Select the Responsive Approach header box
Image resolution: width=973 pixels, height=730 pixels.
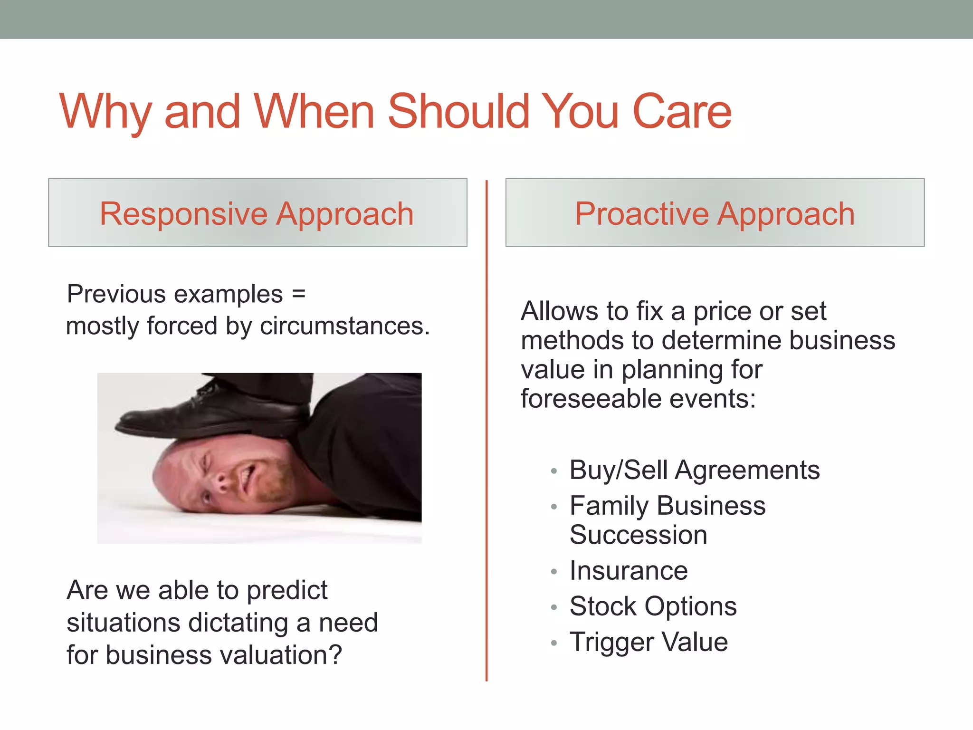[258, 213]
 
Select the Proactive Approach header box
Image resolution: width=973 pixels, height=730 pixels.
[715, 213]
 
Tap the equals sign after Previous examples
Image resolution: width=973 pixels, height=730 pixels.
[298, 294]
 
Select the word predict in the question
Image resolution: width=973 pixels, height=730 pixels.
[287, 591]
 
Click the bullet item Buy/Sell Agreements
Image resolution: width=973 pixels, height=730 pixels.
[694, 471]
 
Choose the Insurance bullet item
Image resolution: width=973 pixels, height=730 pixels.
[628, 571]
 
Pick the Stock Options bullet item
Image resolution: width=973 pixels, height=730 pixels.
[653, 606]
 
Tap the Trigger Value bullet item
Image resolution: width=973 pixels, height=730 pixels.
[649, 642]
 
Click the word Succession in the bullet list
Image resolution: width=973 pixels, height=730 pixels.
[638, 535]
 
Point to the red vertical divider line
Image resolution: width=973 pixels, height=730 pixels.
[486, 428]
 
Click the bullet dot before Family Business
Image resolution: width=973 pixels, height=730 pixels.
[553, 507]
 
